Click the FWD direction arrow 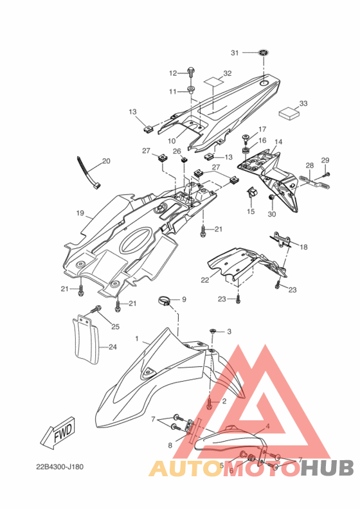[x=59, y=434]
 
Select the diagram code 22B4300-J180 [x=60, y=467]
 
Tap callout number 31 [x=235, y=53]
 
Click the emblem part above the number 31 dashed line [x=264, y=53]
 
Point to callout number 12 [x=173, y=73]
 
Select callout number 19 [x=80, y=213]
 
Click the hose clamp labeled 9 [x=165, y=301]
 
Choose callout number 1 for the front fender [x=137, y=339]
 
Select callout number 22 [x=205, y=280]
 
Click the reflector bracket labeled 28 [x=314, y=182]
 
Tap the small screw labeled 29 [x=326, y=175]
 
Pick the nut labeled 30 [x=272, y=198]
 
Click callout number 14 [x=278, y=142]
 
